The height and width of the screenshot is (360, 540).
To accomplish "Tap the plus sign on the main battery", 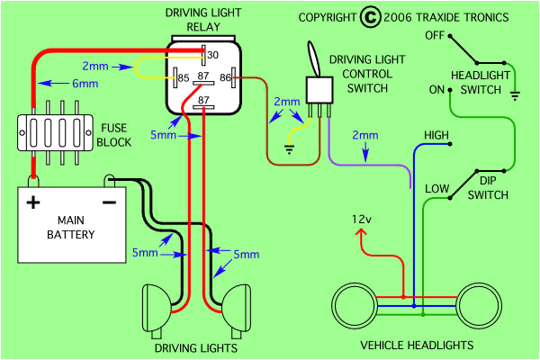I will (33, 202).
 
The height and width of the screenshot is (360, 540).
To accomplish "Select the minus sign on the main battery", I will (108, 202).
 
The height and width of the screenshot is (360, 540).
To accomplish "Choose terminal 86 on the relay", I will (225, 79).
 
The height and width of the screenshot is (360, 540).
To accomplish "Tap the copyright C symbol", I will (369, 17).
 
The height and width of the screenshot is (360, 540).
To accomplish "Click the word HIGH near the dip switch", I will (436, 136).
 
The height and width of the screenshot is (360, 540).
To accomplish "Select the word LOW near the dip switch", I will (436, 188).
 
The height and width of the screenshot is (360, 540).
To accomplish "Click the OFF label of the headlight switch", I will (435, 35).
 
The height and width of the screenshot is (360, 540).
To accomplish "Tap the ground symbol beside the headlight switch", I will (514, 93).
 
